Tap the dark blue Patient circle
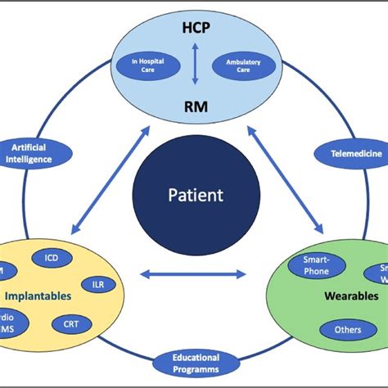click(x=194, y=196)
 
